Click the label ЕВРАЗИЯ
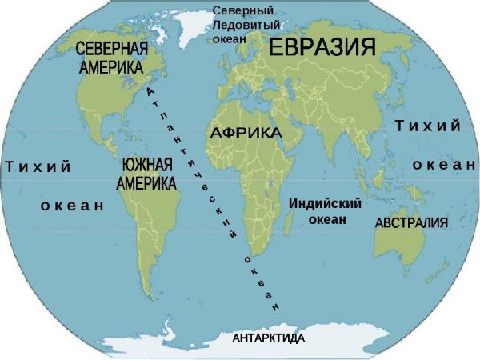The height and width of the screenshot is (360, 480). tap(322, 47)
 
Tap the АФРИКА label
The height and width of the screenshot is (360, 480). tap(246, 133)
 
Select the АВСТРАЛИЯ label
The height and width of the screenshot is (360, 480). tap(411, 222)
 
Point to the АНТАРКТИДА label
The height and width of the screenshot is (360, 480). tap(268, 339)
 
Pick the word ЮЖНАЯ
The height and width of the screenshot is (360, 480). tap(148, 167)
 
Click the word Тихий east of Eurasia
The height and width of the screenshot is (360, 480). tap(428, 126)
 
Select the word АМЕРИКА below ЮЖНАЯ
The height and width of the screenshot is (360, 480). tap(146, 184)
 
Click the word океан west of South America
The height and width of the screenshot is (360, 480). tap(72, 206)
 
